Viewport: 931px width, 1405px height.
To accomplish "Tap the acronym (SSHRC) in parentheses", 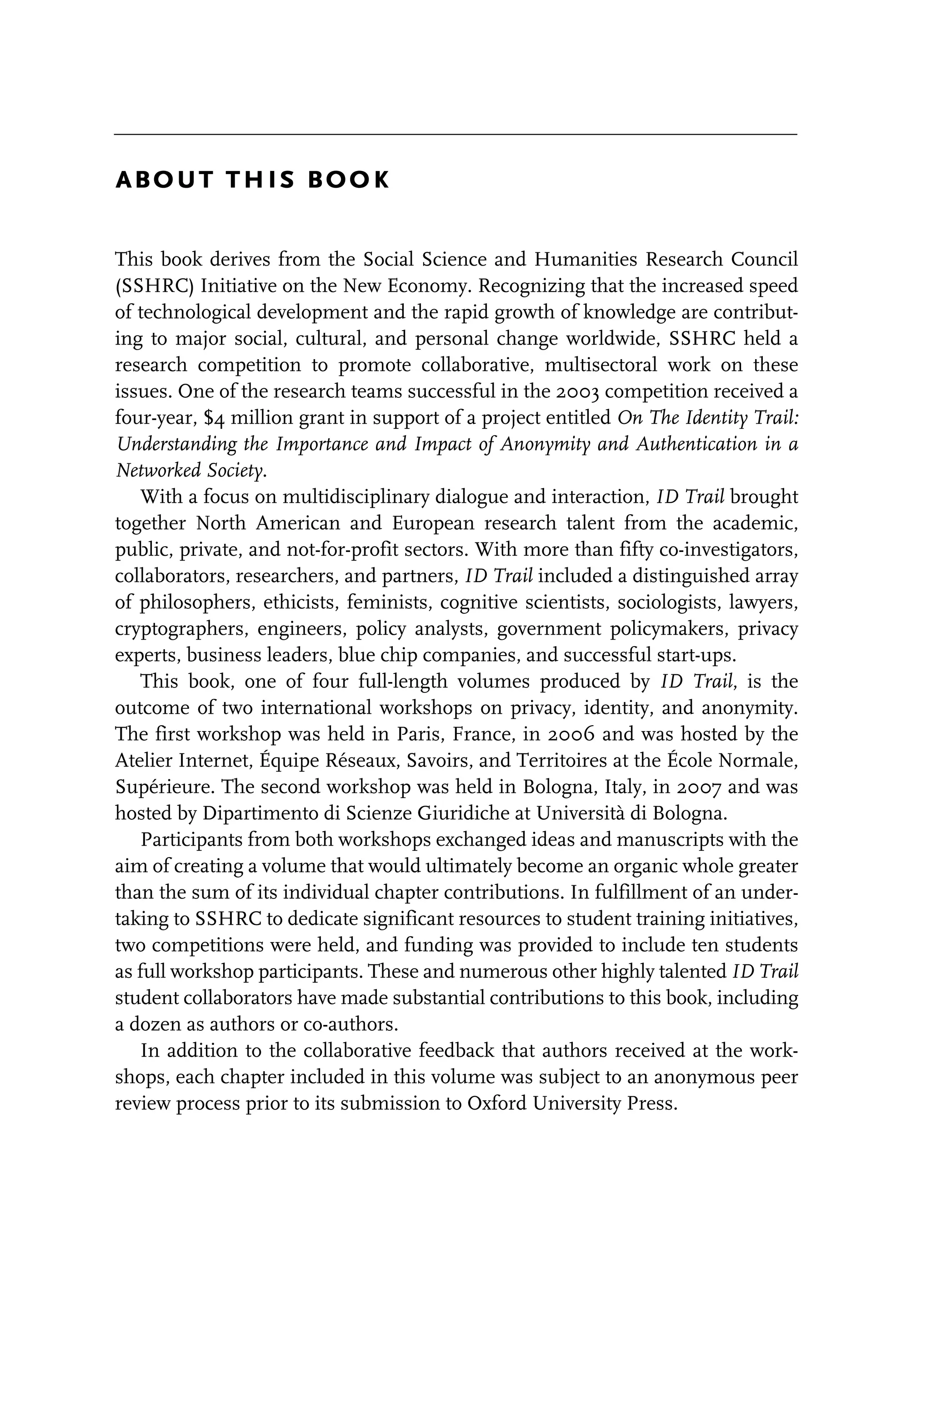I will tap(155, 286).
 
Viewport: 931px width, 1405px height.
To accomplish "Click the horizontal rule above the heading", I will tap(455, 135).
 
